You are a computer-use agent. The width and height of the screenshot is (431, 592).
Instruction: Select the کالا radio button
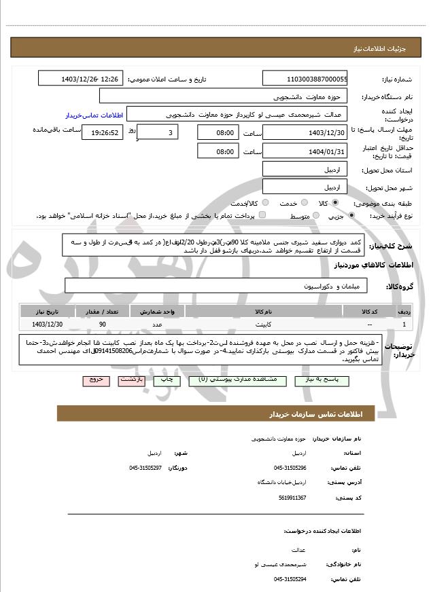coord(336,203)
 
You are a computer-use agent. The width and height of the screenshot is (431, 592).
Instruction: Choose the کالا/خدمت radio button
coord(264,203)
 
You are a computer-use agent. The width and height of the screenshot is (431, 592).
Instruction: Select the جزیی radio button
coord(351,216)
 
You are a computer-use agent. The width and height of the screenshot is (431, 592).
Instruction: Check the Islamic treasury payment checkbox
coord(262,216)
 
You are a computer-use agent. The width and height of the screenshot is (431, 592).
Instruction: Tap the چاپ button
coord(168,381)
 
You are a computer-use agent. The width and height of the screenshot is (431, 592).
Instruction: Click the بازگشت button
coord(132,381)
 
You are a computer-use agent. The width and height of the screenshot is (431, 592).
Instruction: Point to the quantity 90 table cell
coord(102,325)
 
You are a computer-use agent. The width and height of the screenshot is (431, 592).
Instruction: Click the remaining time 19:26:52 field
coord(102,132)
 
